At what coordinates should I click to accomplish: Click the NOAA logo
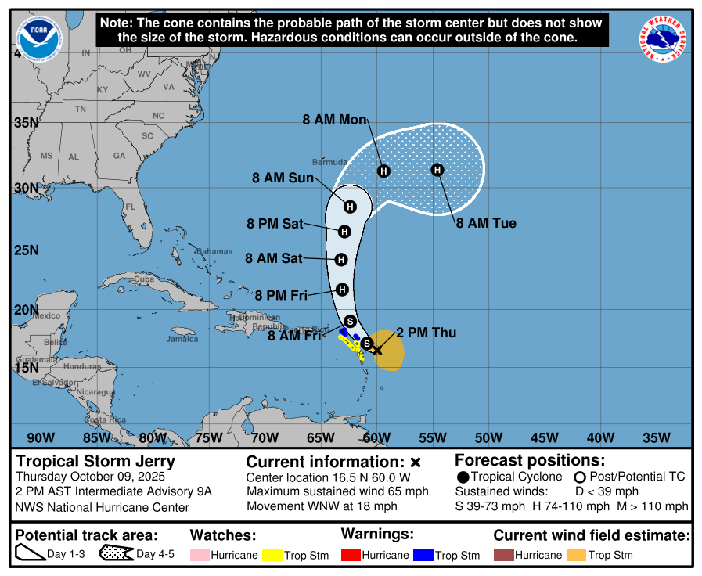point(39,39)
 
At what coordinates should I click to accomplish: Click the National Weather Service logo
point(664,40)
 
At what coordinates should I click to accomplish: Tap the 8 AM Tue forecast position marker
point(437,170)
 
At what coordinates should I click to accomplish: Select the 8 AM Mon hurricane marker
point(383,171)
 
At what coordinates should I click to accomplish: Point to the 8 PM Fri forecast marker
point(342,290)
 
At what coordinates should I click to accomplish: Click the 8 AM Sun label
point(283,178)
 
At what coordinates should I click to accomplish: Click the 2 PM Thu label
point(426,333)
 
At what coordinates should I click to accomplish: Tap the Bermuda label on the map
point(329,162)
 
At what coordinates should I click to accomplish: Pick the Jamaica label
point(182,339)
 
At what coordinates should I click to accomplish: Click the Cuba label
point(143,279)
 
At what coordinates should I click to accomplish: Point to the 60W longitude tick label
point(376,437)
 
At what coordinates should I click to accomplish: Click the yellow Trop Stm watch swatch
point(272,555)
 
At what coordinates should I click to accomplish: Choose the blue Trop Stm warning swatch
point(423,555)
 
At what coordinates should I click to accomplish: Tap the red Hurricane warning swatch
point(351,555)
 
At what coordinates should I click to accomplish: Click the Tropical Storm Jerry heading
point(95,461)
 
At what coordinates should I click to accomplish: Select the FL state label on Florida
point(131,207)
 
